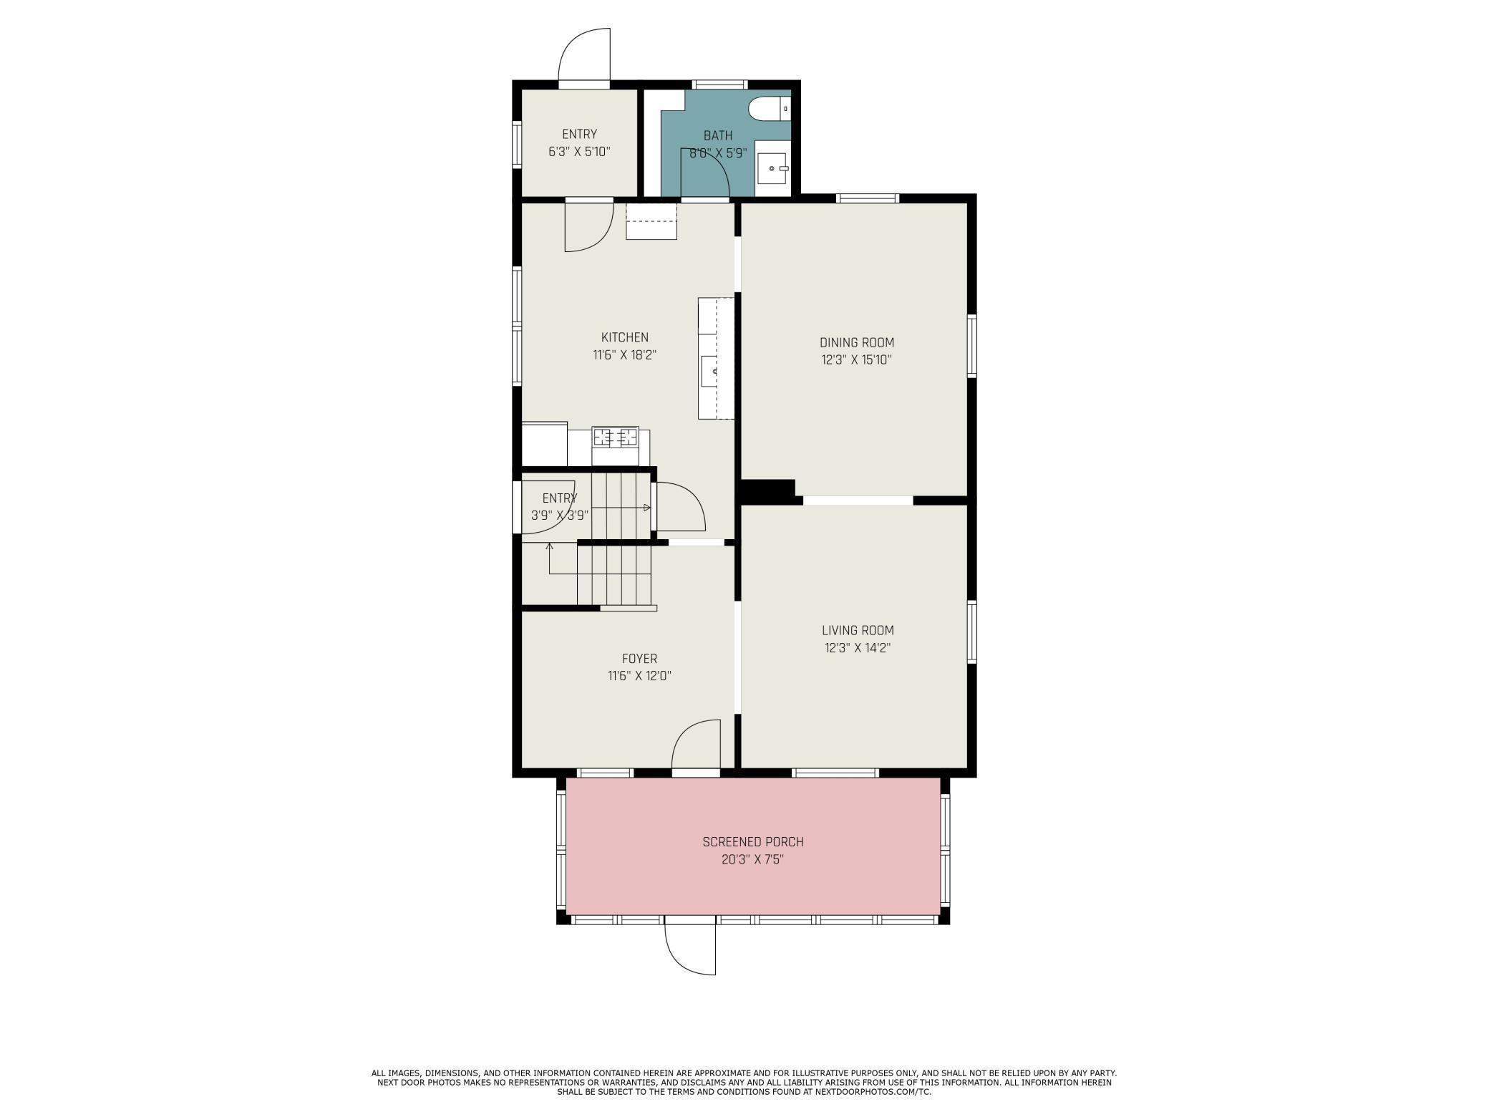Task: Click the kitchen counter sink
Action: point(709,371)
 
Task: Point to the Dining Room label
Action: point(857,342)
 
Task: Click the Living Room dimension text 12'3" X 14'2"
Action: point(857,648)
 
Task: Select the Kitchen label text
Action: point(625,337)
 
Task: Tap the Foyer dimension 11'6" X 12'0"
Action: point(639,676)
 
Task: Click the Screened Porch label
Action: point(753,842)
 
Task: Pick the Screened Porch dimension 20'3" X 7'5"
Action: point(753,859)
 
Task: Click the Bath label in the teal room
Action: point(718,135)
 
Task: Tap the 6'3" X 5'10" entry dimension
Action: point(579,152)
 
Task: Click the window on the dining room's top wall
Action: point(868,198)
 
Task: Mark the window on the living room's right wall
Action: point(972,632)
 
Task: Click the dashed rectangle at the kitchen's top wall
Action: point(651,221)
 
